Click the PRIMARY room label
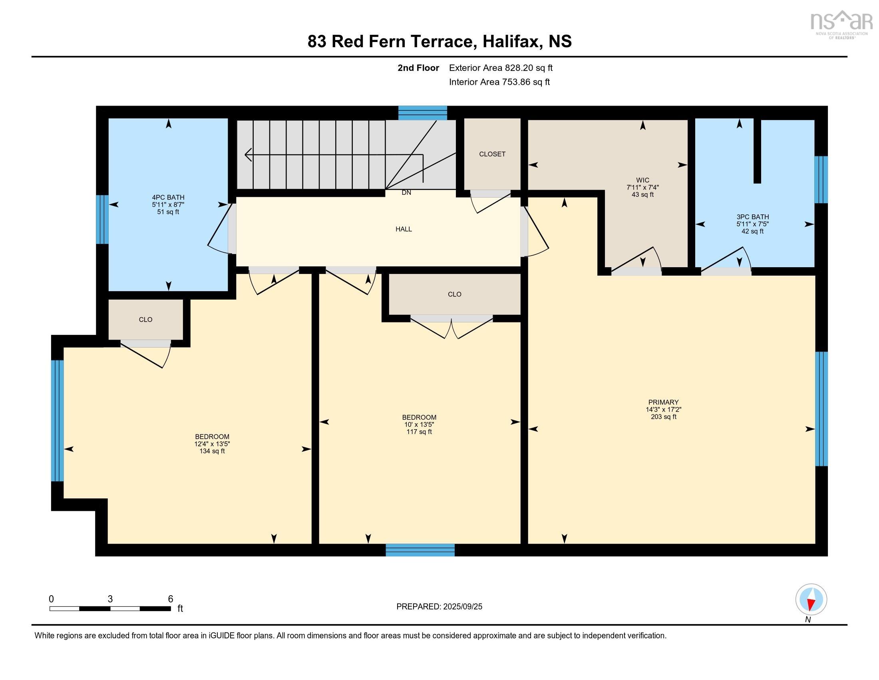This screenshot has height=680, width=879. (663, 402)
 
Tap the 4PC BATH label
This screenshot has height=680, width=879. (168, 197)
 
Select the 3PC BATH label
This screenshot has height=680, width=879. (753, 217)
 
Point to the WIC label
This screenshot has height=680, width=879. (642, 180)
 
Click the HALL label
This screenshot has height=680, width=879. (404, 229)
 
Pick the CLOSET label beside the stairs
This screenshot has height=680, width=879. (492, 154)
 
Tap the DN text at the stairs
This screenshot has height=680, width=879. (406, 193)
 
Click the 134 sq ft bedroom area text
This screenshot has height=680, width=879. (212, 451)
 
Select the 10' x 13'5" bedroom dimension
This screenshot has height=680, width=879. (419, 424)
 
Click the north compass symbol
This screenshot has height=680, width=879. (811, 600)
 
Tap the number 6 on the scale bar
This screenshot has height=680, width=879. (170, 599)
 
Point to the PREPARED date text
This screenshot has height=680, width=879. (439, 607)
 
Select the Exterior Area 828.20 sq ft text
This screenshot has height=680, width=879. (501, 68)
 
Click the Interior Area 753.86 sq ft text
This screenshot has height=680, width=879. (499, 82)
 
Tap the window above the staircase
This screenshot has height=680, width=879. (423, 113)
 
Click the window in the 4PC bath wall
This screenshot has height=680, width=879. (102, 220)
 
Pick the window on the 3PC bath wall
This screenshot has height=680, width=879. (821, 180)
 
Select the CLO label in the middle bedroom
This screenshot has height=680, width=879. (454, 294)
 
